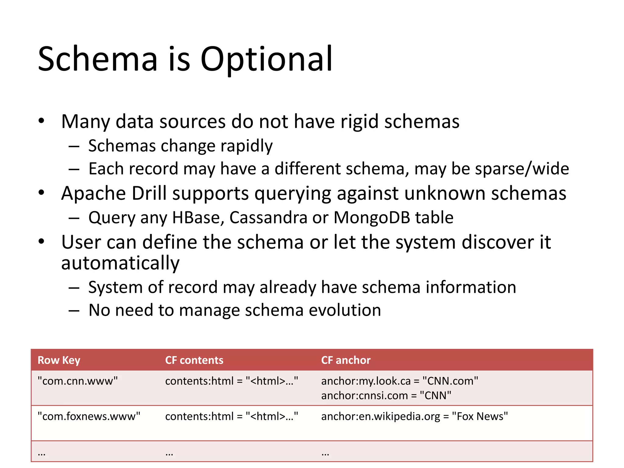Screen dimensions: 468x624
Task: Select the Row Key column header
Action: click(59, 360)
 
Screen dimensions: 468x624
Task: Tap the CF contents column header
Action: click(194, 360)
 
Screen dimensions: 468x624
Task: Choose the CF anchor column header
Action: click(346, 360)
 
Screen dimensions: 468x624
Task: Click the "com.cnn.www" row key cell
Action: click(77, 381)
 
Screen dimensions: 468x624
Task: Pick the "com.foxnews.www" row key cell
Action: click(89, 416)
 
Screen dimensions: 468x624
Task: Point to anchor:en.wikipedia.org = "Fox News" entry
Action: click(414, 416)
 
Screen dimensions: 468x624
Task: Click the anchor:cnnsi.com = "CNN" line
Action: click(386, 395)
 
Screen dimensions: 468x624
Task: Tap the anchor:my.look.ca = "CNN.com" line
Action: click(399, 381)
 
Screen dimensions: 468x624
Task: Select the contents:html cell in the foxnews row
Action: click(232, 416)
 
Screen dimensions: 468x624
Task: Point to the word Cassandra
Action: click(268, 218)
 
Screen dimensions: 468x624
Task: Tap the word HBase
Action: click(198, 218)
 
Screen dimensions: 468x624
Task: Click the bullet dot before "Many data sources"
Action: click(41, 121)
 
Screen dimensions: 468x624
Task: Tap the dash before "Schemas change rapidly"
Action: click(74, 146)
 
